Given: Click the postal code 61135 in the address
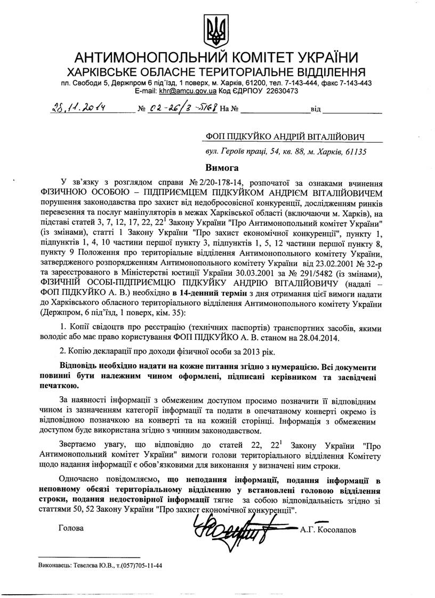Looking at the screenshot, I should (x=354, y=151).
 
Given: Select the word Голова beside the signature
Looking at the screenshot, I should (x=70, y=529).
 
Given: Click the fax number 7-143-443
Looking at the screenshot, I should (x=354, y=84).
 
